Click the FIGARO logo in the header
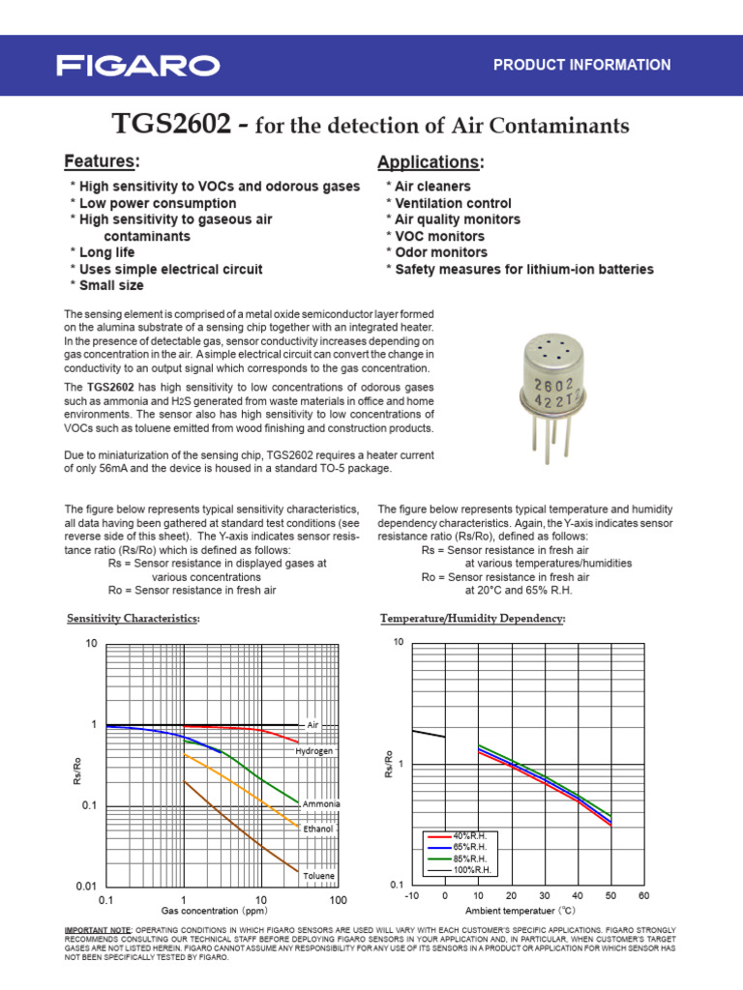pyautogui.click(x=137, y=66)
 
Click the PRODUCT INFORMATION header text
pyautogui.click(x=581, y=66)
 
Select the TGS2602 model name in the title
pyautogui.click(x=171, y=126)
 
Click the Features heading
pyautogui.click(x=102, y=160)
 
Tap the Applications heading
pyautogui.click(x=430, y=161)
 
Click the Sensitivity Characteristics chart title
pyautogui.click(x=133, y=618)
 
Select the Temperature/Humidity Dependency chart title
pyautogui.click(x=473, y=618)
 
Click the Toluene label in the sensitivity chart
pyautogui.click(x=318, y=876)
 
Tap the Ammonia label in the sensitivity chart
pyautogui.click(x=320, y=804)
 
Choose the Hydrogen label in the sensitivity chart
pyautogui.click(x=314, y=750)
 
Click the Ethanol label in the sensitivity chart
pyautogui.click(x=318, y=830)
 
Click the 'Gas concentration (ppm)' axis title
pyautogui.click(x=214, y=911)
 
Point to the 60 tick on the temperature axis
pyautogui.click(x=644, y=896)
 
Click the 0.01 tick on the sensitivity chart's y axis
pyautogui.click(x=85, y=887)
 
